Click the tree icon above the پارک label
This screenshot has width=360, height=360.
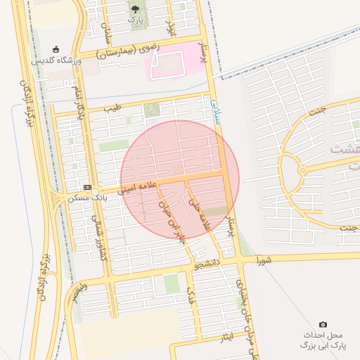coord(135,8)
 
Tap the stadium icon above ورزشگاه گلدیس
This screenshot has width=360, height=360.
coord(56,49)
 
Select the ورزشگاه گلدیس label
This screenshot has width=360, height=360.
coord(56,61)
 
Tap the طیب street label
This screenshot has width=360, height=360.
coord(112,108)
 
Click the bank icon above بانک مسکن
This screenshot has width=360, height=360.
coord(87,188)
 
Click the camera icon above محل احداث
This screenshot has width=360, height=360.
coord(323,324)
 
